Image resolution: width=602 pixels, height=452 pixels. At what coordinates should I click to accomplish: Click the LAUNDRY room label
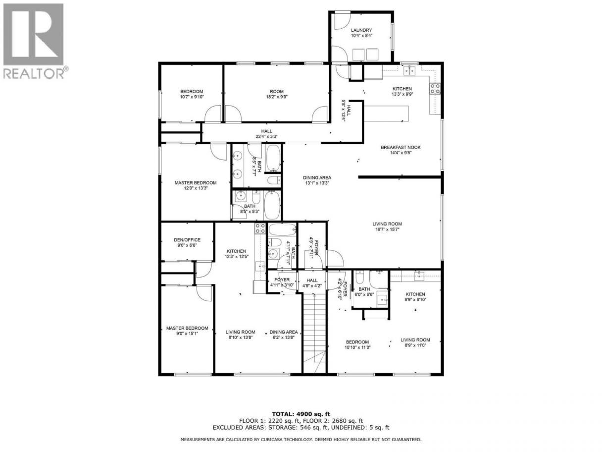pyautogui.click(x=361, y=30)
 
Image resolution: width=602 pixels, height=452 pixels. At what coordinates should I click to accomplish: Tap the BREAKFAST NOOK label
pyautogui.click(x=401, y=147)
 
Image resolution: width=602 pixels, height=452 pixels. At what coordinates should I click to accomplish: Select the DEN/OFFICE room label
pyautogui.click(x=187, y=240)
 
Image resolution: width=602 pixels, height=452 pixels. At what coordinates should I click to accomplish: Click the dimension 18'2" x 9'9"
pyautogui.click(x=276, y=97)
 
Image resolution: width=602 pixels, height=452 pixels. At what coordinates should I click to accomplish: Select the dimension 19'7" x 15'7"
pyautogui.click(x=387, y=229)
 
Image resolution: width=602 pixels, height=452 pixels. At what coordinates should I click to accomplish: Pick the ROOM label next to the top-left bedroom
pyautogui.click(x=276, y=91)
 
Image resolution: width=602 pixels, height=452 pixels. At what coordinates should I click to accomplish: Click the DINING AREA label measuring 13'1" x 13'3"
pyautogui.click(x=317, y=177)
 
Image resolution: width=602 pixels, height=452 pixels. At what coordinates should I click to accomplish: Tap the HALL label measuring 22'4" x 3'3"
pyautogui.click(x=266, y=131)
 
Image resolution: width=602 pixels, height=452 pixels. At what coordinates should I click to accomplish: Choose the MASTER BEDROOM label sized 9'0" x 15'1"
pyautogui.click(x=187, y=328)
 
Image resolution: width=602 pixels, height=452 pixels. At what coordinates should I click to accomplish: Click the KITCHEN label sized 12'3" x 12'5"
pyautogui.click(x=237, y=251)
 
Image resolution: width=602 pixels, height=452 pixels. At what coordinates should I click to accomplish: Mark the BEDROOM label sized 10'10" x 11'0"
pyautogui.click(x=357, y=342)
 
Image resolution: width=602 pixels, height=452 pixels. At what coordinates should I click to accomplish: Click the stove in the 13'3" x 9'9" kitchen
pyautogui.click(x=435, y=88)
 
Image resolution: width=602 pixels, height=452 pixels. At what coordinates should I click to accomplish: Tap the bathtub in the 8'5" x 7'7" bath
pyautogui.click(x=273, y=158)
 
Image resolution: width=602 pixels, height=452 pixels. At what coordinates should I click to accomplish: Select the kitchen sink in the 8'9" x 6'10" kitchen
pyautogui.click(x=419, y=277)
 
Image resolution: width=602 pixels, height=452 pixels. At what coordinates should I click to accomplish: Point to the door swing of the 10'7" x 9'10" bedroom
pyautogui.click(x=213, y=113)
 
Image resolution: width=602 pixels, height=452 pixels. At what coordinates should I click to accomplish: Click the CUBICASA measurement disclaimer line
pyautogui.click(x=301, y=440)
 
